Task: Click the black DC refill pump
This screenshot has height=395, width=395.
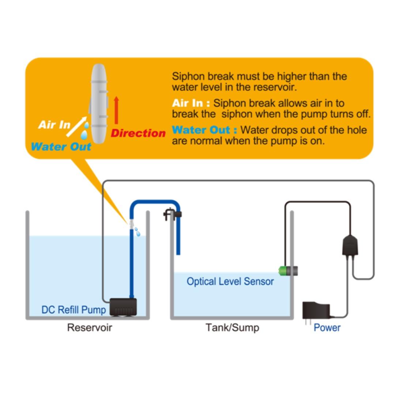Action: (x=123, y=307)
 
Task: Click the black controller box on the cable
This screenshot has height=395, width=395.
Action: (x=350, y=245)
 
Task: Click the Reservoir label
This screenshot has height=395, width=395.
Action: (x=89, y=327)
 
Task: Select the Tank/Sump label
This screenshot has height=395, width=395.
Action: (x=232, y=327)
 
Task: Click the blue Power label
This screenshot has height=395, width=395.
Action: (x=327, y=328)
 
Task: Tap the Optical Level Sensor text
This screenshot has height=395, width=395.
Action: (x=230, y=281)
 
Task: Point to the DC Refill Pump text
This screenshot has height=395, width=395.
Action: (x=74, y=310)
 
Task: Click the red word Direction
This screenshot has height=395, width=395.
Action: (x=138, y=133)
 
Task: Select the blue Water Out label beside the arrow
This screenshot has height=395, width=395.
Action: (x=61, y=147)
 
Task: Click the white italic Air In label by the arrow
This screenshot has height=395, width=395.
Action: (x=54, y=125)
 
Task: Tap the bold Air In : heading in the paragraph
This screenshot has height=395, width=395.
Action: (x=191, y=103)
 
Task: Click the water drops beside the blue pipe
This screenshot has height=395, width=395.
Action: (x=137, y=231)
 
